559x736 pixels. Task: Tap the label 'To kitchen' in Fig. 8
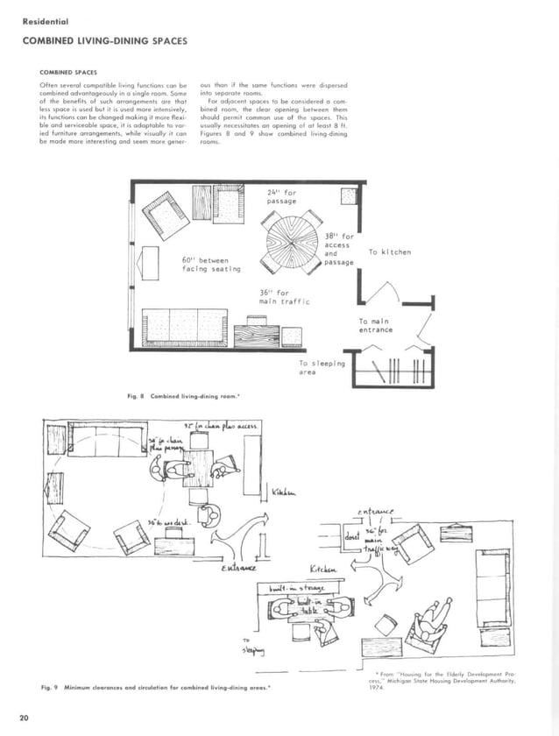point(389,252)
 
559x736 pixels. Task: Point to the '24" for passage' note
point(283,196)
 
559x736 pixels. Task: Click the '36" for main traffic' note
point(284,297)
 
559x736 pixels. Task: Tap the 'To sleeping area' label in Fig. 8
point(322,367)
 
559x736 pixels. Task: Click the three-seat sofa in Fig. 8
point(185,328)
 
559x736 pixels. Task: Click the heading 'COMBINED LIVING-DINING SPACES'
point(104,41)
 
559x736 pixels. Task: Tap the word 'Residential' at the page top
point(46,20)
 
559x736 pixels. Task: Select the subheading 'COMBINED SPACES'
point(68,73)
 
